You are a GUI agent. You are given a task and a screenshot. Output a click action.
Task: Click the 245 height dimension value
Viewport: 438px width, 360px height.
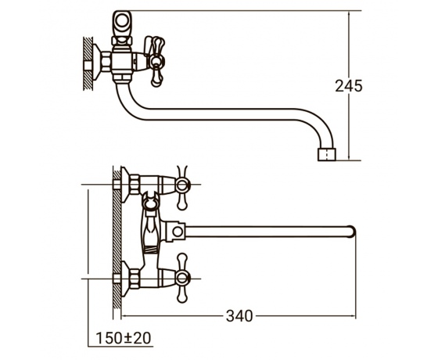coord(348,86)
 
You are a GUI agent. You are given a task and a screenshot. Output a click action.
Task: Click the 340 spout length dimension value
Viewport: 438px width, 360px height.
coord(239,316)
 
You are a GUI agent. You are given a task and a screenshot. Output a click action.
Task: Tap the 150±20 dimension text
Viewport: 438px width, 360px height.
coord(124,338)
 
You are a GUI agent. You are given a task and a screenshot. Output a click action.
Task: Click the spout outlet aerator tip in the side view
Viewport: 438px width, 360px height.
coord(327,155)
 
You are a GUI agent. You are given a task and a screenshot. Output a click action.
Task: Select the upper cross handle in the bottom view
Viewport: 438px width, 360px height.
coord(182,187)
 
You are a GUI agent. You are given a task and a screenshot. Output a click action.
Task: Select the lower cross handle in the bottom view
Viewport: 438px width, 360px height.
coord(182,278)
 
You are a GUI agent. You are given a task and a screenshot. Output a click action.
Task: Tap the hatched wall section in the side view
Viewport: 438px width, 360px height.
coord(88,63)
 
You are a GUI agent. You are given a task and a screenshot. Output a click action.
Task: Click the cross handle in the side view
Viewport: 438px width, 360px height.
coord(156,61)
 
